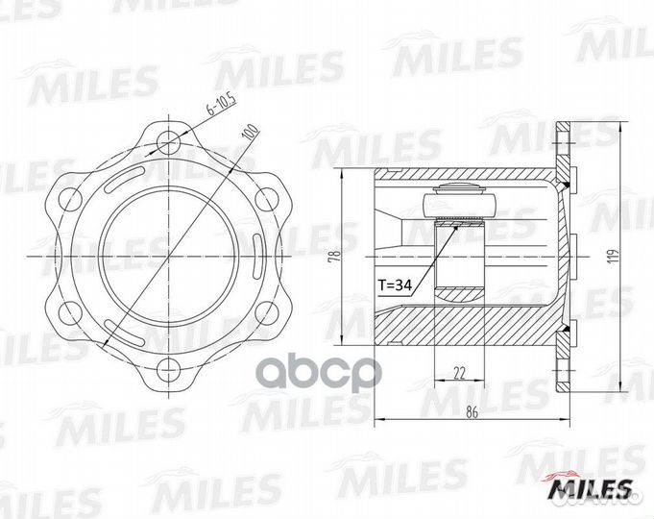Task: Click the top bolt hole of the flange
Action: point(169,136)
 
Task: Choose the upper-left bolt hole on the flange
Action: point(67,198)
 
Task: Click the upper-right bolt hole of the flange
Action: point(271,198)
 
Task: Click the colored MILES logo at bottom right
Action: point(589,490)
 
